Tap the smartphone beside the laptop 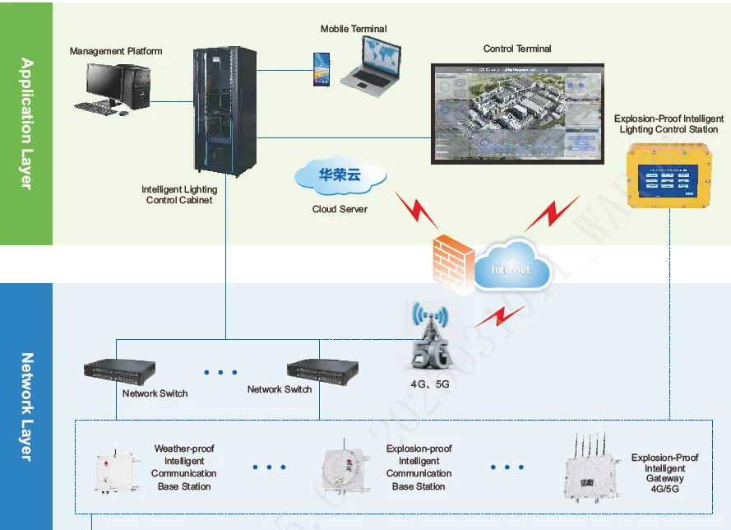[322, 69]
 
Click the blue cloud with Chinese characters [340, 175]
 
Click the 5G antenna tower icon [430, 337]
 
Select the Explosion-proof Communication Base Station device [343, 471]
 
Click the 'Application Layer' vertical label [26, 123]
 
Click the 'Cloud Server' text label [340, 209]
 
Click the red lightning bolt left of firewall [415, 211]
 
